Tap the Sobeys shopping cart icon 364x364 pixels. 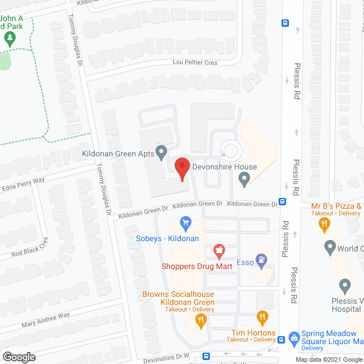pos(184,222)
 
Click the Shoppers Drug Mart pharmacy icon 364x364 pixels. pos(218,250)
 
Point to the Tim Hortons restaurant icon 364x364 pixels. pos(262,317)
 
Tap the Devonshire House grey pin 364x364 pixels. pos(244,180)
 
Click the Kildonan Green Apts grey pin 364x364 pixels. pos(162,152)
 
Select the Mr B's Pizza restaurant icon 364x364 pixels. pos(325,224)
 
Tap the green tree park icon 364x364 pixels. pos(9,38)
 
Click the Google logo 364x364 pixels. pos(18,357)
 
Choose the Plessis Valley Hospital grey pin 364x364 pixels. pos(345,286)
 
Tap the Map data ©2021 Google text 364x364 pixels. pos(329,359)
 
